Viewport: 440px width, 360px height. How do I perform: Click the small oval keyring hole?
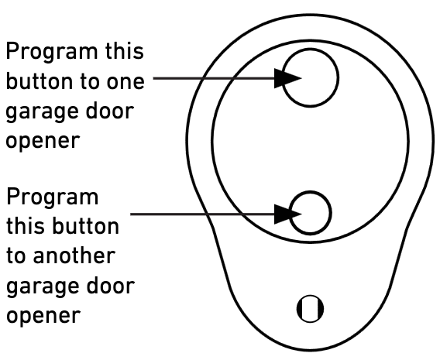coord(310,309)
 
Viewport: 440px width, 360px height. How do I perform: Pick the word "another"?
coord(74,255)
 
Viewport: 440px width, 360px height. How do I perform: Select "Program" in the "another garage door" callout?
coord(53,197)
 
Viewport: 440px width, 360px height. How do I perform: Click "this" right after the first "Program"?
coord(125,51)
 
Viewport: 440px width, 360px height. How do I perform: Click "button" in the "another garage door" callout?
coord(86,226)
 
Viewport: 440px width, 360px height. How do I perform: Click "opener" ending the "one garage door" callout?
coord(43,142)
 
